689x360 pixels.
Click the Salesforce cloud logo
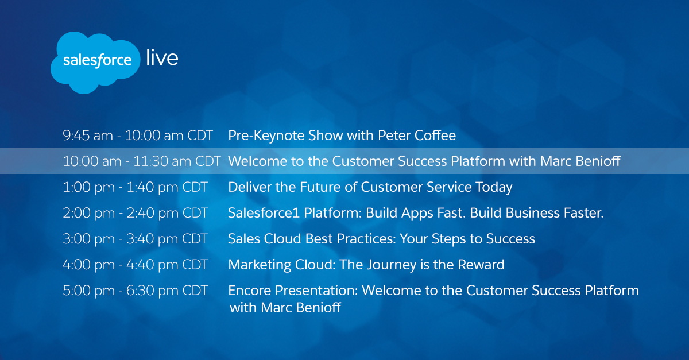coord(95,63)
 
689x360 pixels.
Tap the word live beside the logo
coord(162,57)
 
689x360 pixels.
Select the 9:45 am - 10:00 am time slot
coord(138,136)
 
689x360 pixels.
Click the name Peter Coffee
coord(417,136)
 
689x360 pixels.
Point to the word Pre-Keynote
coord(266,136)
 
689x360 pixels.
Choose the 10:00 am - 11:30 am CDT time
coord(142,161)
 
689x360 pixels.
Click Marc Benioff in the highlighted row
coord(580,161)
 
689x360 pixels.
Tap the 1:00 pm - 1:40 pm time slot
coord(136,187)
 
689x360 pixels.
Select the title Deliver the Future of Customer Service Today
coord(370,187)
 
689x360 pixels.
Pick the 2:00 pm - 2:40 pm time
coord(136,213)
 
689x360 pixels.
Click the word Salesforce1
coord(264,213)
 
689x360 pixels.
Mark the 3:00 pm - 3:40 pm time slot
coord(136,239)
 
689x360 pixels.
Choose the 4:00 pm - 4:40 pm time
coord(136,265)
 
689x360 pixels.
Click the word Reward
coord(481,265)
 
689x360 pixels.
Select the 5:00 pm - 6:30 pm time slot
coord(136,291)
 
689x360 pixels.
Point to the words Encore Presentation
coord(293,291)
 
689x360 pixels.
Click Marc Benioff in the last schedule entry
coord(301,308)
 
